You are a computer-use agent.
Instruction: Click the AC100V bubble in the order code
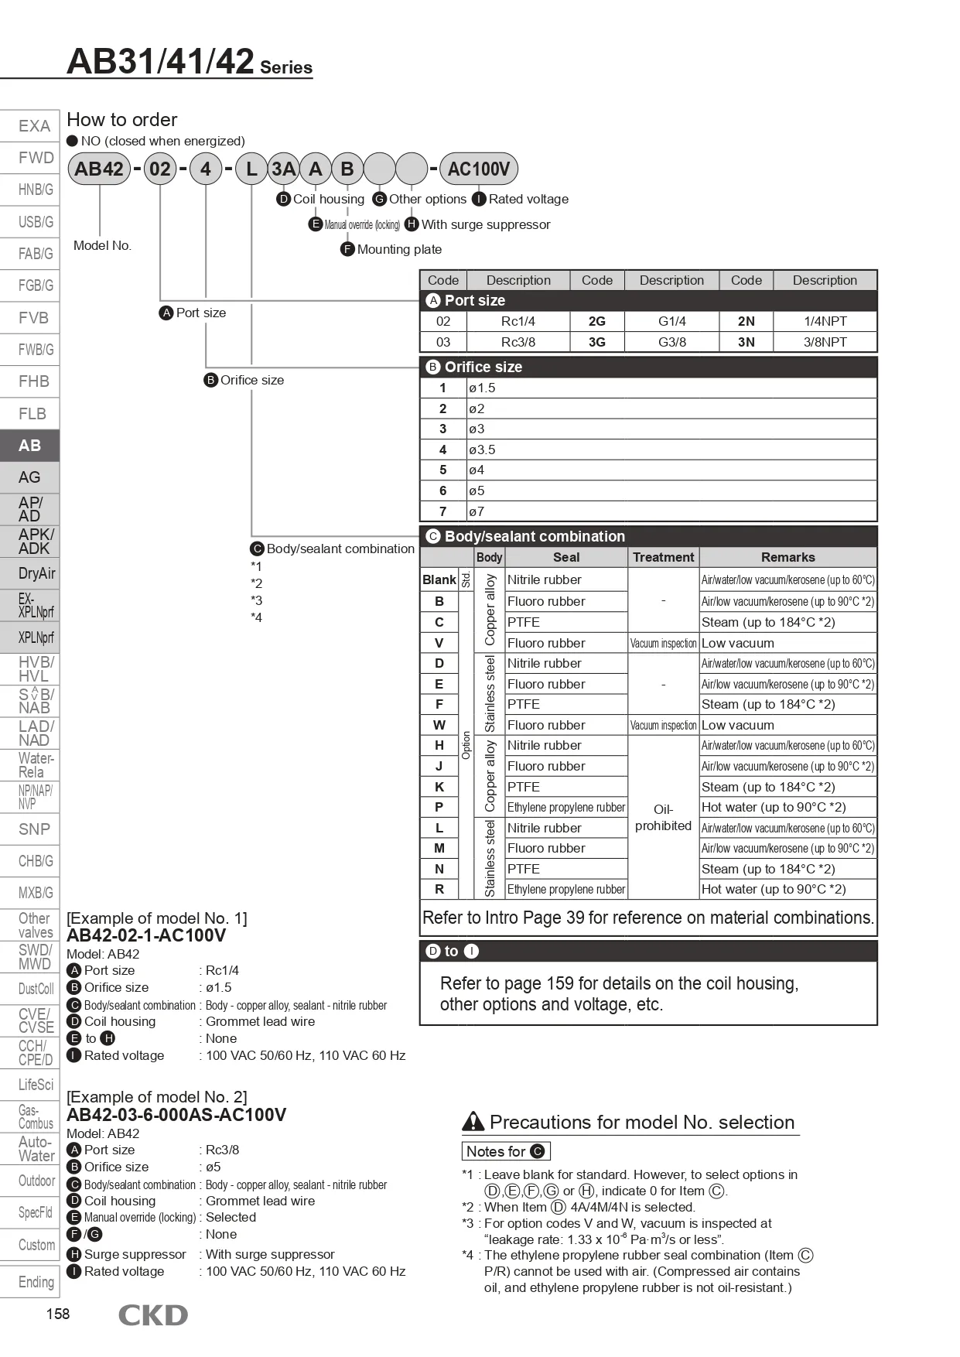coord(478,169)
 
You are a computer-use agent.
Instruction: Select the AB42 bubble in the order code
coord(99,169)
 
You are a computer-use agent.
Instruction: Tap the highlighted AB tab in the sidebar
coord(29,446)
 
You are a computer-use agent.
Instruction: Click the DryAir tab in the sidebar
coord(36,573)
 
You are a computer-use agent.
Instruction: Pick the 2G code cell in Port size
coord(596,321)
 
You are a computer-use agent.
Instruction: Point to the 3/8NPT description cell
coord(825,342)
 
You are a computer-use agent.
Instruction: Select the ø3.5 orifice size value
coord(482,449)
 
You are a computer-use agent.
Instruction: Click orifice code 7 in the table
coord(442,511)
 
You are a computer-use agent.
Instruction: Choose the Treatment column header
coord(663,557)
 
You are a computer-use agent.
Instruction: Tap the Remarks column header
coord(787,557)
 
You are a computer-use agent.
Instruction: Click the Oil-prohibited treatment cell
coord(663,818)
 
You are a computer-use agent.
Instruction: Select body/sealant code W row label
coord(439,725)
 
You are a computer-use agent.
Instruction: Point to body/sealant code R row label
coord(439,890)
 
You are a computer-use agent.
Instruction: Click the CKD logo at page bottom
coord(152,1315)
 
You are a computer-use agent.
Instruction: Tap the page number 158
coord(58,1314)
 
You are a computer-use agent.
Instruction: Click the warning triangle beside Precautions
coord(473,1122)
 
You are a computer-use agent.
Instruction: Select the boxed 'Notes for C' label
coord(506,1151)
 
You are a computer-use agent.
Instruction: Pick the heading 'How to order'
coord(122,120)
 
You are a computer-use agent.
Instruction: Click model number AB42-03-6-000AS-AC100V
coord(176,1115)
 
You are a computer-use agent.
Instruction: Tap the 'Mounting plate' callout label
coord(399,249)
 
